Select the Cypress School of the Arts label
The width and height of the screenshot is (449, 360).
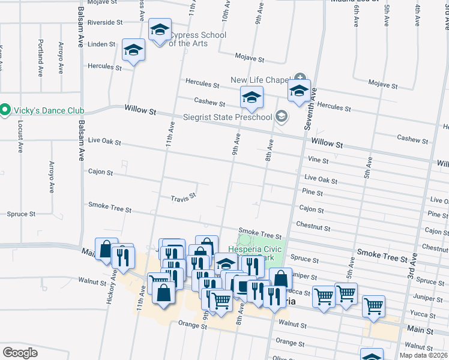point(197,39)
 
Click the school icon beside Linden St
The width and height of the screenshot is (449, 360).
point(133,50)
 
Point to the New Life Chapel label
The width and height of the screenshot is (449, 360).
point(261,80)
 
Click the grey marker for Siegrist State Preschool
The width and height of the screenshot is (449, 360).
point(280,117)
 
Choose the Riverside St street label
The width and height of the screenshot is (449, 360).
point(104,22)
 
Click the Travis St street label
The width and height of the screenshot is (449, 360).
point(183,197)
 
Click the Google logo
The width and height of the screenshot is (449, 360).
point(20,353)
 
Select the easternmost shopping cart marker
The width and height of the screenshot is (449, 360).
point(374,306)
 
